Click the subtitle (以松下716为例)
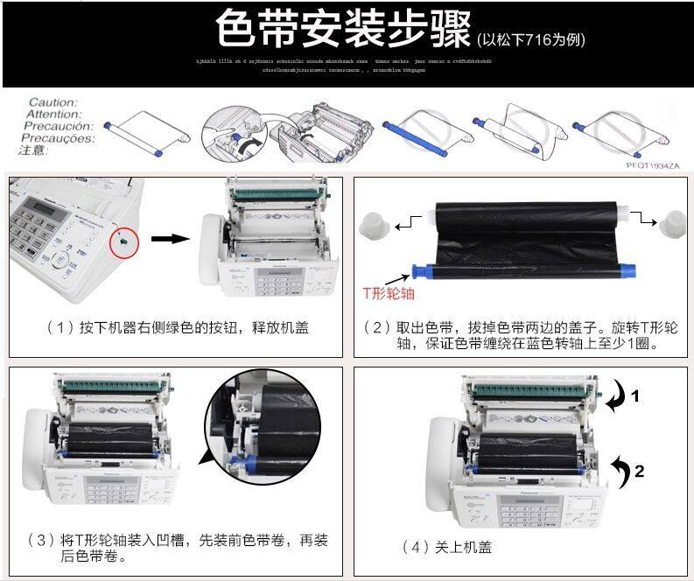[531, 40]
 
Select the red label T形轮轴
[389, 294]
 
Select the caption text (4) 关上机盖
[446, 547]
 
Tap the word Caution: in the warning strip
[53, 102]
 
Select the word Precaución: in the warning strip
[53, 126]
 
